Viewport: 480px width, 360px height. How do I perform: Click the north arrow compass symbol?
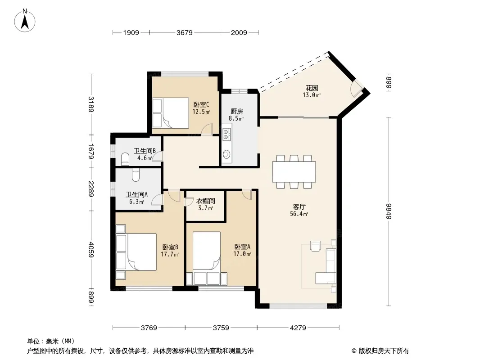click(x=25, y=20)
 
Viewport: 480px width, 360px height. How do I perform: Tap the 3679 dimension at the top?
click(x=185, y=33)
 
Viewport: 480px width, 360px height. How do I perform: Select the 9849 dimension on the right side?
click(x=389, y=211)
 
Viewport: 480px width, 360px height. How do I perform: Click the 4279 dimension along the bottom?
click(x=298, y=328)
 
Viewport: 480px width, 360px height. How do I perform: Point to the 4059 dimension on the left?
click(x=91, y=249)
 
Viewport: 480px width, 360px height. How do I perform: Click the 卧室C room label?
click(x=201, y=105)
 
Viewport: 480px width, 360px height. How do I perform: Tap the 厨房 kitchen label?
click(x=237, y=112)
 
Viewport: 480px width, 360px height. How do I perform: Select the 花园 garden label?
click(x=312, y=88)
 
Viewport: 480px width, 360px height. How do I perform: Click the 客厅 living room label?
click(x=299, y=207)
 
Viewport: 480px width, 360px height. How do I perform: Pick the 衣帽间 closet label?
click(x=205, y=201)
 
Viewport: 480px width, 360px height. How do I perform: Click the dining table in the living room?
click(x=294, y=171)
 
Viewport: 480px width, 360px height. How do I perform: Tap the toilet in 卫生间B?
click(x=126, y=158)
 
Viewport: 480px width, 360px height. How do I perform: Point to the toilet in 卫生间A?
click(x=136, y=175)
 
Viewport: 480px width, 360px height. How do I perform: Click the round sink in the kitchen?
click(x=226, y=154)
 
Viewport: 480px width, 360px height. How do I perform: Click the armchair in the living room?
click(x=316, y=246)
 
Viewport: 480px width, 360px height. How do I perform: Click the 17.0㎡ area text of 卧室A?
click(x=242, y=254)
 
